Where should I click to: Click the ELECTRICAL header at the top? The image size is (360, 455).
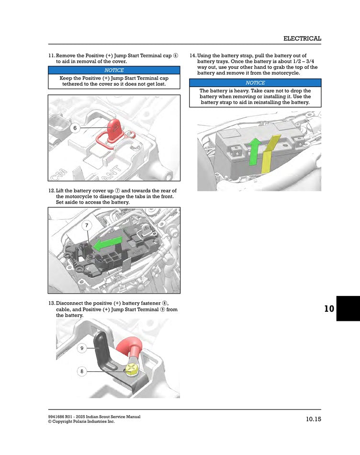point(302,38)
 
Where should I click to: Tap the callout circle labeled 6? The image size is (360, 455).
point(75,128)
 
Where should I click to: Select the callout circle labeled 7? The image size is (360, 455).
point(87,225)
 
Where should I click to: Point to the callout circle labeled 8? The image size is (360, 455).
point(82,371)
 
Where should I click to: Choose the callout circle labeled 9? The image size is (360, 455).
point(82,348)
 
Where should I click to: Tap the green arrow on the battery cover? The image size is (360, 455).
point(107,245)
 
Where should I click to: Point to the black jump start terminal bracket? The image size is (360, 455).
point(103,352)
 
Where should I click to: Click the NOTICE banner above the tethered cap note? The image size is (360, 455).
point(114,70)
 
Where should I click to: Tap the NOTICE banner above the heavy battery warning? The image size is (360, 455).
point(255,83)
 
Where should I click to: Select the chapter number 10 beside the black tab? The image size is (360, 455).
point(329,308)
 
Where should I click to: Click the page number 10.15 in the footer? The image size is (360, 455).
point(314,420)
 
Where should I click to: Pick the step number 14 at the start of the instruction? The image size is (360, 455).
point(193,56)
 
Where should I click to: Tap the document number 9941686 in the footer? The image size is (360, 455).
point(57,417)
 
